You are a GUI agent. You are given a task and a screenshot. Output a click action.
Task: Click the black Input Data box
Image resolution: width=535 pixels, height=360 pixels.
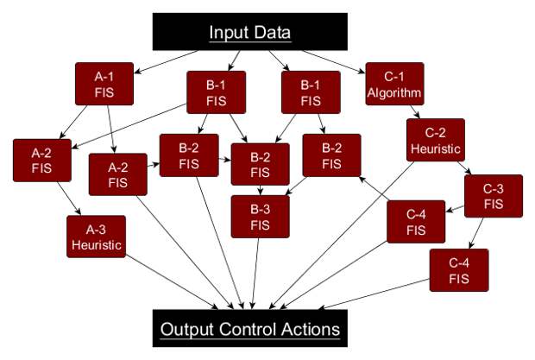pyautogui.click(x=249, y=32)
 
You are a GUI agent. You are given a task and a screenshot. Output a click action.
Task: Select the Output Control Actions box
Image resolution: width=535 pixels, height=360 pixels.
pyautogui.click(x=249, y=328)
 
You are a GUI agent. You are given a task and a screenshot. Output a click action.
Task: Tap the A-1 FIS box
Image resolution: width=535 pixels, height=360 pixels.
pyautogui.click(x=104, y=84)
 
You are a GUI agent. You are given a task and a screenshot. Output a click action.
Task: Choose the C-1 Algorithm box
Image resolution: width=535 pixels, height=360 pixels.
pyautogui.click(x=394, y=84)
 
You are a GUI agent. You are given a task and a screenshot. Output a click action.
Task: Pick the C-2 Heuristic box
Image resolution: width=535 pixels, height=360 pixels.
pyautogui.click(x=436, y=140)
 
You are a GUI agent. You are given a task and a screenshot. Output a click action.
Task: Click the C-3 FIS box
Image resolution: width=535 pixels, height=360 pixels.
pyautogui.click(x=494, y=196)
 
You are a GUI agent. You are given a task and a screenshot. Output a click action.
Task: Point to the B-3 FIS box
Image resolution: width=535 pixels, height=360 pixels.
pyautogui.click(x=260, y=217)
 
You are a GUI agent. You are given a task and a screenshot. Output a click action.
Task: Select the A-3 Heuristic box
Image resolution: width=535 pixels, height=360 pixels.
pyautogui.click(x=97, y=237)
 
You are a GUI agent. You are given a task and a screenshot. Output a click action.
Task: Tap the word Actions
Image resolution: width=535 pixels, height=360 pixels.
pyautogui.click(x=311, y=329)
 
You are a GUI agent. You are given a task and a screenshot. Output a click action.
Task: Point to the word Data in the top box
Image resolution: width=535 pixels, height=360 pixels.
pyautogui.click(x=272, y=33)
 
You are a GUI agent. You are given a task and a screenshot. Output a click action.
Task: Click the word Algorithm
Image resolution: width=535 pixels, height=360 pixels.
pyautogui.click(x=394, y=92)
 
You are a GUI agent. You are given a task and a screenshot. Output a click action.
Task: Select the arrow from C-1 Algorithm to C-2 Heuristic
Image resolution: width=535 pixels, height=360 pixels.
pyautogui.click(x=415, y=112)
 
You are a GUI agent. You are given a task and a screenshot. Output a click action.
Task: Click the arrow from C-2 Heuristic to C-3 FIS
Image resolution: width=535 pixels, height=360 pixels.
pyautogui.click(x=464, y=167)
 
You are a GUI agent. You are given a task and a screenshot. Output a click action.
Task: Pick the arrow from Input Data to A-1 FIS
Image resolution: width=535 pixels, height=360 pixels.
pyautogui.click(x=167, y=62)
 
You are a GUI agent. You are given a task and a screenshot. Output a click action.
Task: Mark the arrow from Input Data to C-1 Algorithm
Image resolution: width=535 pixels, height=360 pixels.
pyautogui.click(x=333, y=62)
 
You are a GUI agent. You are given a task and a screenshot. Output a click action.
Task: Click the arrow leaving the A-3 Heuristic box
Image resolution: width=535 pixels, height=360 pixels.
pyautogui.click(x=172, y=281)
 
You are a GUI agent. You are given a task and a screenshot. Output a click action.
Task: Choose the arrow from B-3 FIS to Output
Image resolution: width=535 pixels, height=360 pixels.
pyautogui.click(x=255, y=274)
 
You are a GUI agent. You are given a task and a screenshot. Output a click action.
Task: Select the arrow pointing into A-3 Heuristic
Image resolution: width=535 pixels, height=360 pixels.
pyautogui.click(x=69, y=199)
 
